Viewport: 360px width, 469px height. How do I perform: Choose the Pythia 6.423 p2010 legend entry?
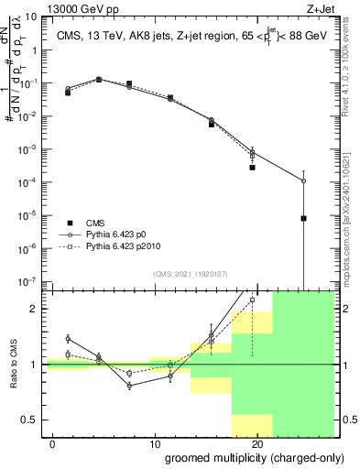point(129,246)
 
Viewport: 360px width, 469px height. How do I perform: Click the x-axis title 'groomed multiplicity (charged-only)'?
point(241,456)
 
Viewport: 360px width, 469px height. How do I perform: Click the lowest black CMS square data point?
point(303,219)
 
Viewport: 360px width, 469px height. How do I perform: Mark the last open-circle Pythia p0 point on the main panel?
point(303,180)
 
